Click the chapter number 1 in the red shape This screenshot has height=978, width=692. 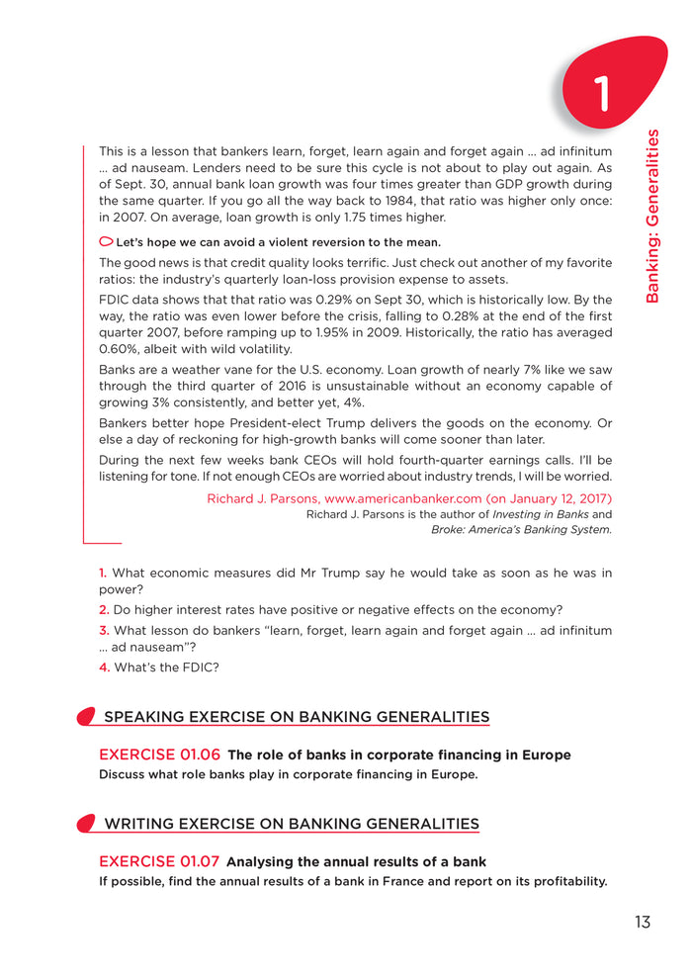[x=602, y=93]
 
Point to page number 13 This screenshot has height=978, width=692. [x=643, y=923]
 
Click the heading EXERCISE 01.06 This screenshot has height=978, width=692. [x=159, y=756]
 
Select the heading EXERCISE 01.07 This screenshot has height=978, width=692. [x=159, y=862]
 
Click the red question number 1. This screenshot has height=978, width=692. [x=103, y=574]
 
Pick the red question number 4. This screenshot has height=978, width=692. [x=104, y=668]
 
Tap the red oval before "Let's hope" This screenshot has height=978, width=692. [x=106, y=242]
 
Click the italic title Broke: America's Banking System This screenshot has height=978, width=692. [x=521, y=530]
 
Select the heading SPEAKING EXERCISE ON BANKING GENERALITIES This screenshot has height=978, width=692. [x=297, y=717]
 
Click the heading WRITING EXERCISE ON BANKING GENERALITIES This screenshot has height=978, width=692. [x=292, y=824]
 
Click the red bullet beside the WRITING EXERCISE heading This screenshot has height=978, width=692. [x=86, y=824]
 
